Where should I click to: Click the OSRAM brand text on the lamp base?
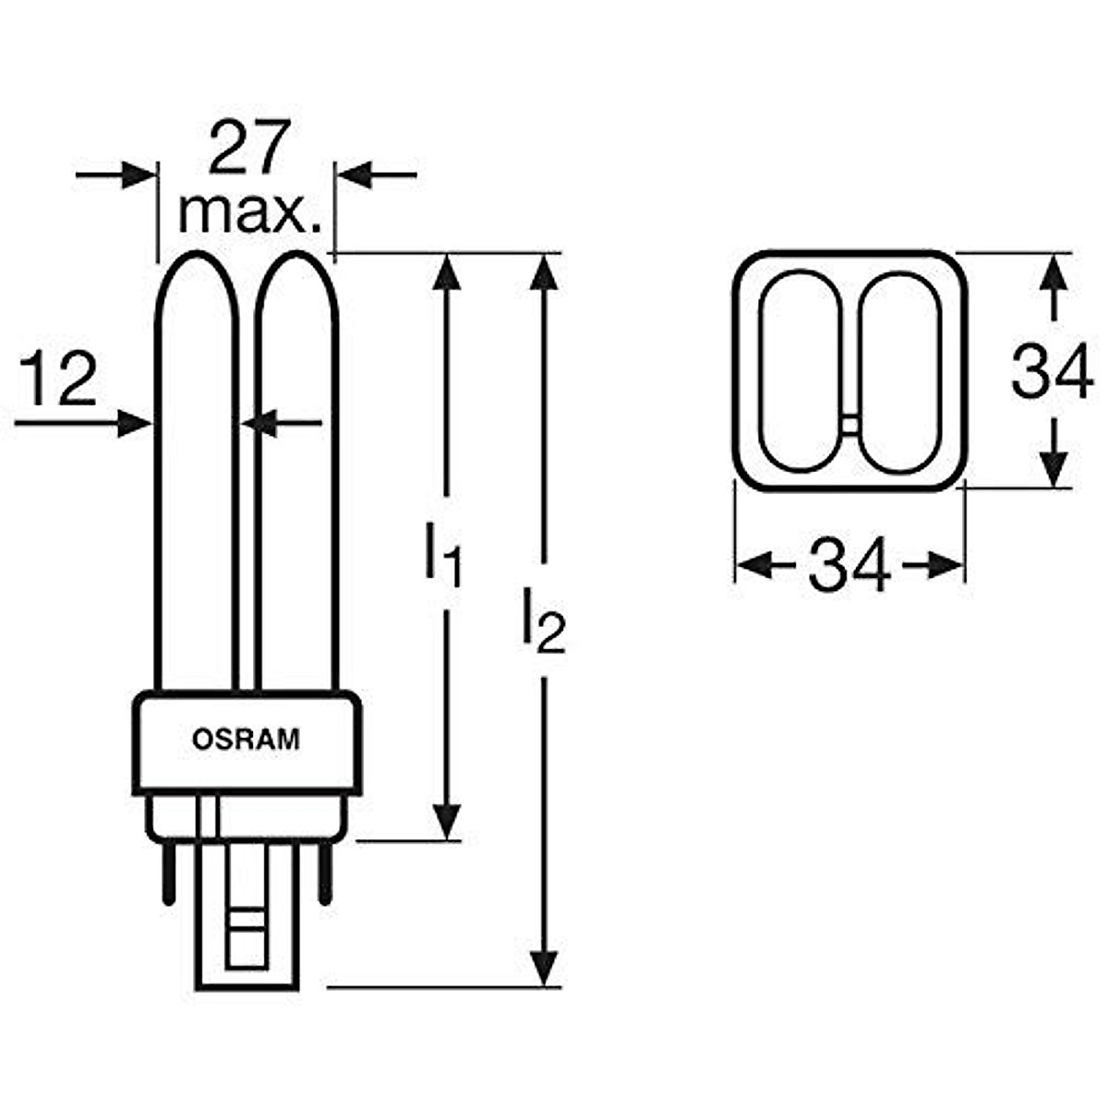point(246,740)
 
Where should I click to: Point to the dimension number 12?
point(57,380)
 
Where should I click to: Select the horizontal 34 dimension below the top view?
point(849,565)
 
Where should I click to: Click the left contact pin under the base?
point(168,872)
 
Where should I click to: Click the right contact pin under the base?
point(325,872)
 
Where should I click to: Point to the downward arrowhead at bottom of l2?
point(547,969)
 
